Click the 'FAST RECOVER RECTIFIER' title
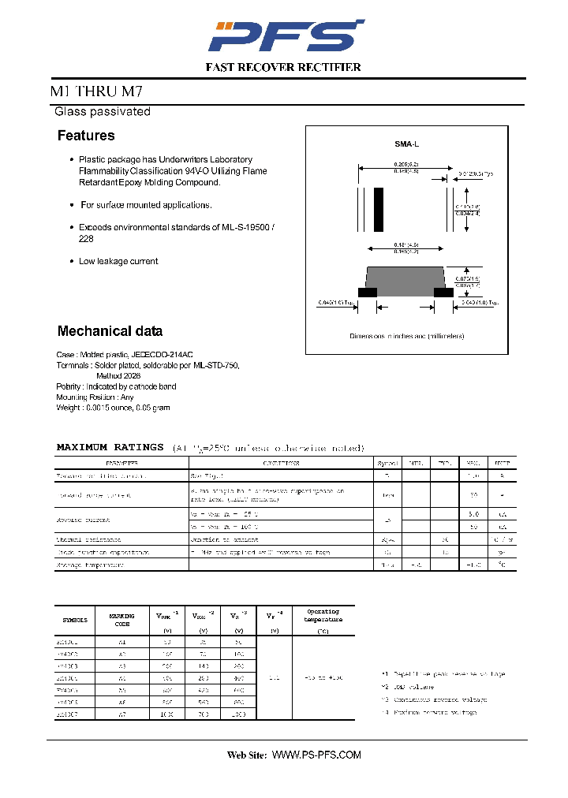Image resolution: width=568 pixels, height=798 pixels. click(x=283, y=68)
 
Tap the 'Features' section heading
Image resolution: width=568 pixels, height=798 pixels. click(x=86, y=136)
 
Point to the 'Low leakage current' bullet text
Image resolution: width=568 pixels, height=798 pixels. click(x=118, y=261)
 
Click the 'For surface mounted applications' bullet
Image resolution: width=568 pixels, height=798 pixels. click(x=146, y=205)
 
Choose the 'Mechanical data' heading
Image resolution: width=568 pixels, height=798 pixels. click(x=110, y=331)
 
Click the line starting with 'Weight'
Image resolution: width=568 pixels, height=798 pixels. click(x=113, y=408)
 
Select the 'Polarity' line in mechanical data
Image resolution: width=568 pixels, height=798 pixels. click(x=116, y=386)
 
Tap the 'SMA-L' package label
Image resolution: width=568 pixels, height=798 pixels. click(x=407, y=144)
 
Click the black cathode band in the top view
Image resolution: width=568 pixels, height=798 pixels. click(x=379, y=209)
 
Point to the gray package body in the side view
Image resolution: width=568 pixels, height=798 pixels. click(x=406, y=278)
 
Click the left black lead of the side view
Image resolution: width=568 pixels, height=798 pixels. click(x=368, y=292)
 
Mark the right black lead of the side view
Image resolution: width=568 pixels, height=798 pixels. click(x=444, y=292)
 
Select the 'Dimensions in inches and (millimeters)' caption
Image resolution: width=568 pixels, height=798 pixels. click(x=407, y=336)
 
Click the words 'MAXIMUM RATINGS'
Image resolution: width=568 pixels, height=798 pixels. click(x=110, y=447)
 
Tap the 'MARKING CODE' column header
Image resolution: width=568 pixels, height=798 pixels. click(x=121, y=620)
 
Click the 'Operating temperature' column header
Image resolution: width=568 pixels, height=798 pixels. click(x=323, y=616)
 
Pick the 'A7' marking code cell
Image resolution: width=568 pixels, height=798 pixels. click(x=121, y=714)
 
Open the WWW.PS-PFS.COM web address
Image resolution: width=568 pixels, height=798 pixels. click(x=316, y=755)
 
